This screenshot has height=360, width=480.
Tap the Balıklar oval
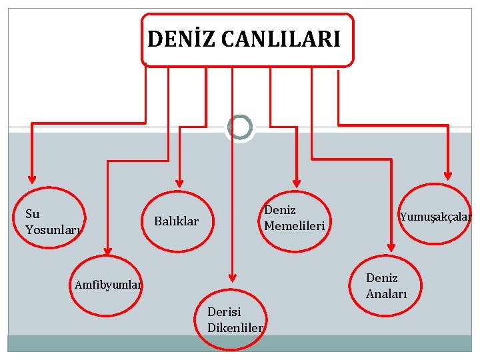(x=177, y=221)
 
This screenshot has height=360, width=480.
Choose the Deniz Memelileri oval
(x=294, y=218)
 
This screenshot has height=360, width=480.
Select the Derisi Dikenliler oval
(x=232, y=318)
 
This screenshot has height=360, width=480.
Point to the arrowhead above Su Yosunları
(x=31, y=179)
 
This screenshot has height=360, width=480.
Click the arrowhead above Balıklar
(x=179, y=181)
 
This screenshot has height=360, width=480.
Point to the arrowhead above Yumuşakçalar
(x=448, y=176)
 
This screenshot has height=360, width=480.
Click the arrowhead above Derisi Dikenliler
(x=231, y=275)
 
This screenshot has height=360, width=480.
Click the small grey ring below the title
(x=239, y=127)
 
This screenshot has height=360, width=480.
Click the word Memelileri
(x=294, y=225)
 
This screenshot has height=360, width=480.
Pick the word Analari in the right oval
(x=386, y=293)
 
